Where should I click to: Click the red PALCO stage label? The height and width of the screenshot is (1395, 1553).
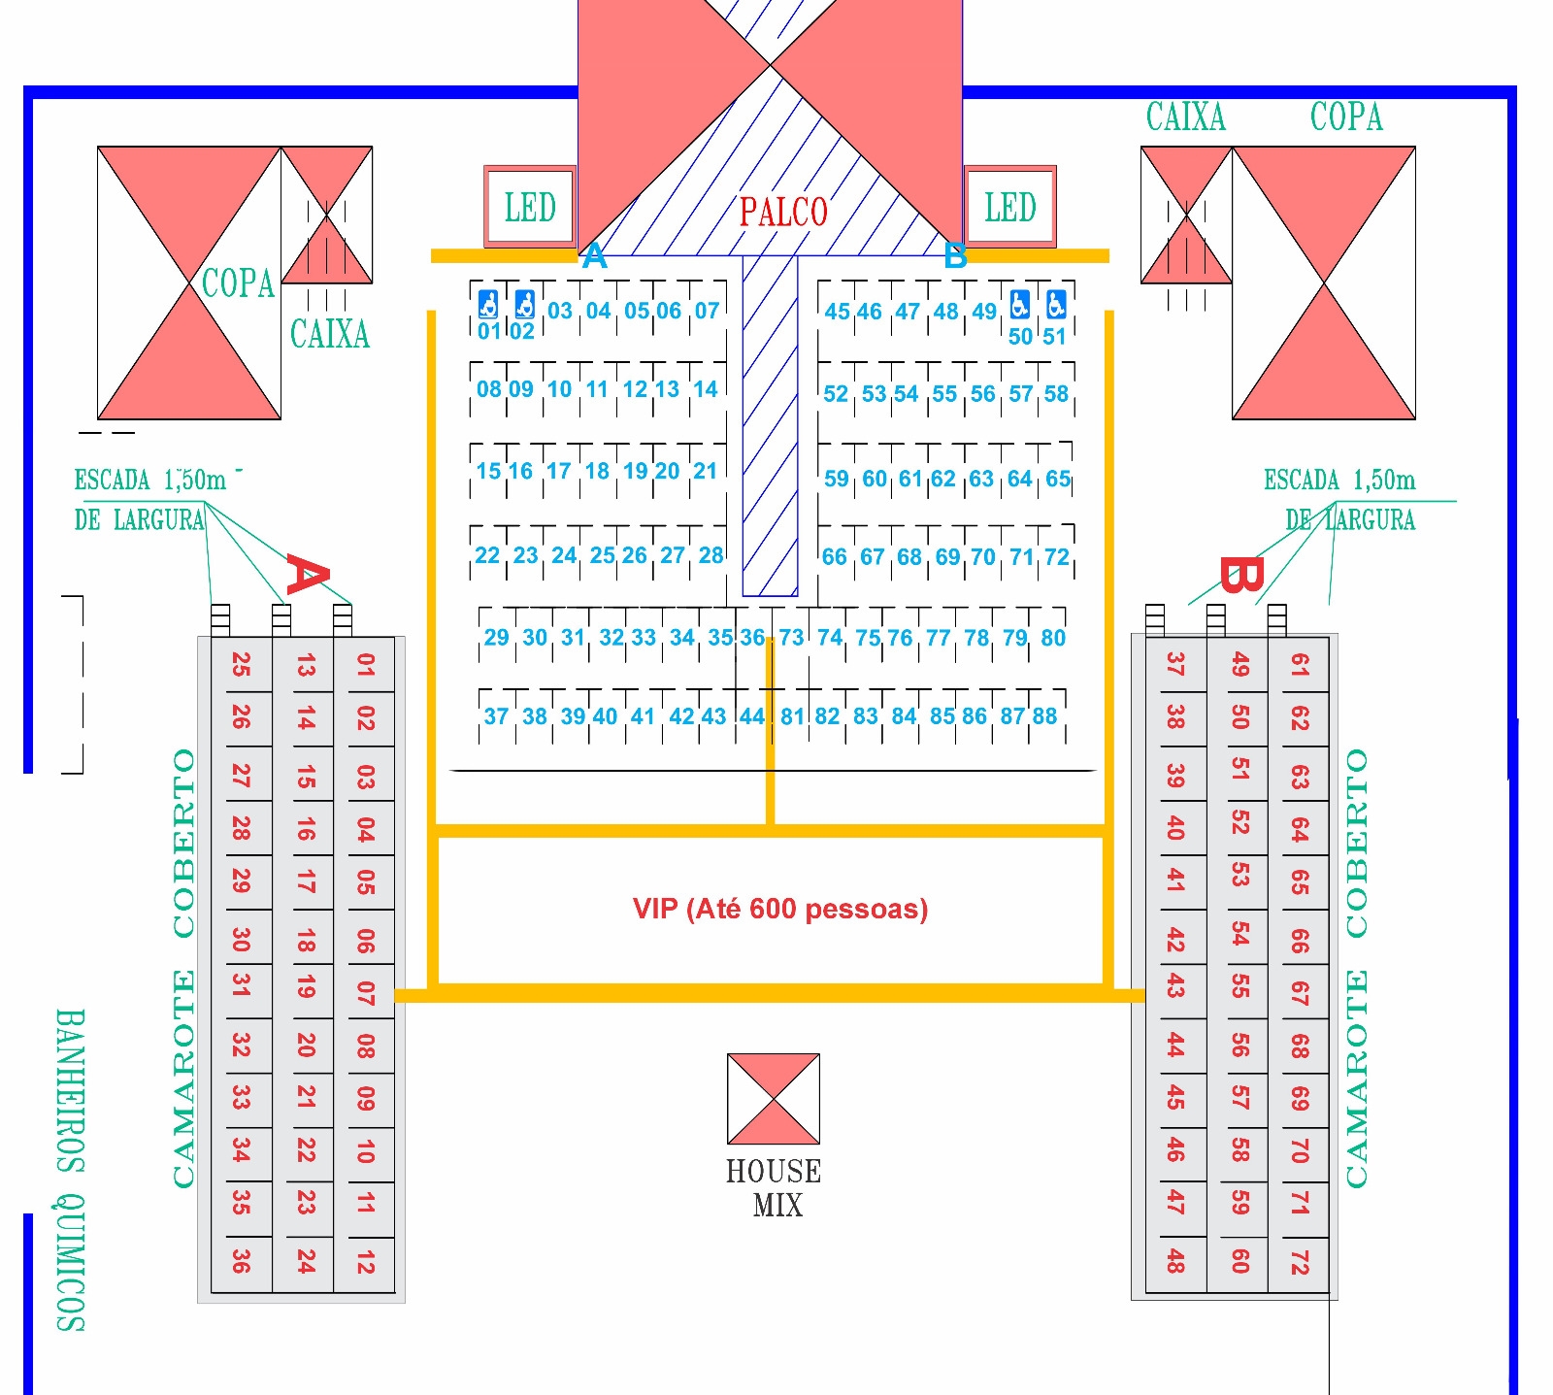point(783,212)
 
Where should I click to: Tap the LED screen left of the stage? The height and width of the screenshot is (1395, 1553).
point(530,207)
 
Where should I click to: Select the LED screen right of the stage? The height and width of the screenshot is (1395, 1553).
point(1009,207)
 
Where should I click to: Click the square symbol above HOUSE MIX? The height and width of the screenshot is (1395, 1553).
point(774,1099)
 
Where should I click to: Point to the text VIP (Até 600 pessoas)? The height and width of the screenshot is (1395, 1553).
point(780,909)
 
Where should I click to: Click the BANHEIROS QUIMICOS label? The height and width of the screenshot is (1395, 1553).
point(70,1170)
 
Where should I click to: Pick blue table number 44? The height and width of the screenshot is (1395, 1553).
point(752,716)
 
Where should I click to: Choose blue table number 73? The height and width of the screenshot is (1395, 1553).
point(791,638)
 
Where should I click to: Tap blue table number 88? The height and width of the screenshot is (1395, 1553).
point(1044,716)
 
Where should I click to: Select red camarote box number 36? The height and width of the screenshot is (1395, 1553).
point(241,1261)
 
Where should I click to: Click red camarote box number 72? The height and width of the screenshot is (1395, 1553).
point(1299,1261)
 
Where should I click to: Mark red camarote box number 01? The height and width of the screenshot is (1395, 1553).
point(365,665)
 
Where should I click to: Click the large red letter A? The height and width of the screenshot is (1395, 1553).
point(307,576)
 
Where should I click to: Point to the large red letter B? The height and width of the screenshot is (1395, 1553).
point(1240,576)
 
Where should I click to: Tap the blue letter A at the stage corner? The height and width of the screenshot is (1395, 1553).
point(594,257)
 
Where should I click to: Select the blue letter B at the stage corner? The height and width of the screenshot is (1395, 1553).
point(955,257)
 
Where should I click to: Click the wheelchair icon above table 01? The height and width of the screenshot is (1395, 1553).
point(488,305)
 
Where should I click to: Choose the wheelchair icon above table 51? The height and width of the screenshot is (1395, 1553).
point(1056,305)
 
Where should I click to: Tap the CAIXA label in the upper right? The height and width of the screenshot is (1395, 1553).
point(1185,117)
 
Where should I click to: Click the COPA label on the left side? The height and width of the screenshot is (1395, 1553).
point(238,283)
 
